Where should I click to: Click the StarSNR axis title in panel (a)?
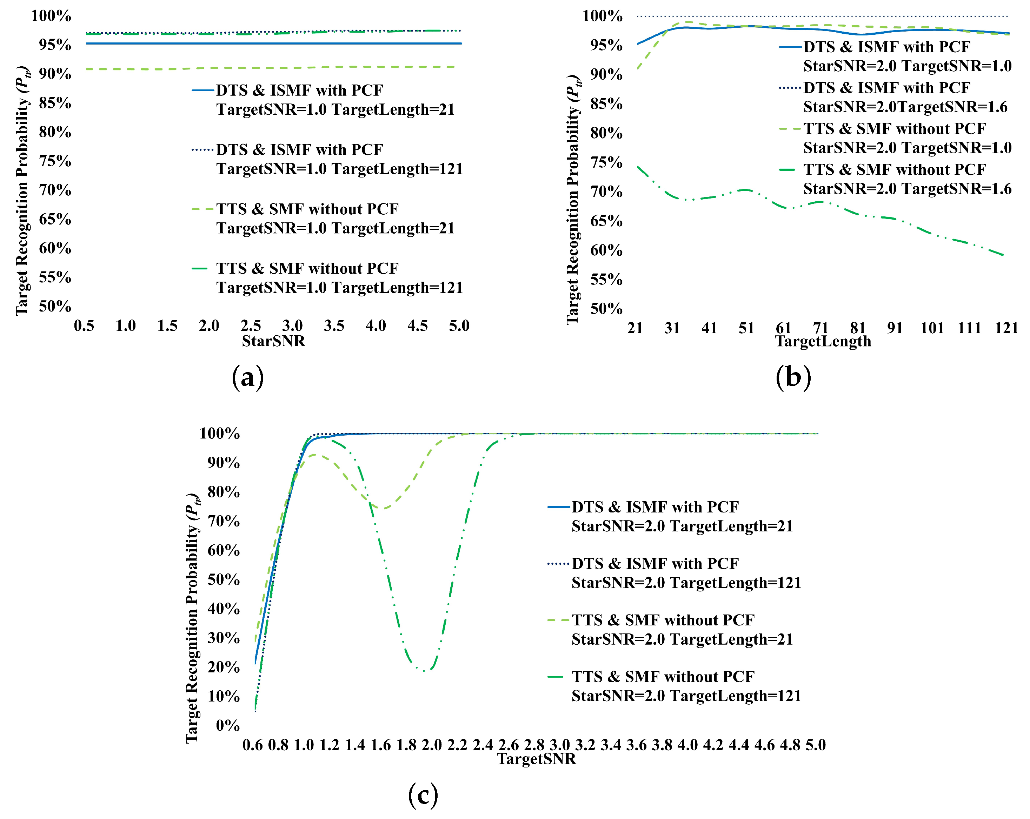pos(273,341)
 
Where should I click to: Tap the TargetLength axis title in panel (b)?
pos(823,341)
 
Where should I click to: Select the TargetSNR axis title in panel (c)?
pos(536,758)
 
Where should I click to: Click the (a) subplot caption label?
pos(247,378)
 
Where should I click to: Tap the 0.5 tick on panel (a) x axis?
pos(84,326)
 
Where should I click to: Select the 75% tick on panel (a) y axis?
pos(55,161)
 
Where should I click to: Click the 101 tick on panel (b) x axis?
pos(932,328)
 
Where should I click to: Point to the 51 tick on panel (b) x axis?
pos(746,328)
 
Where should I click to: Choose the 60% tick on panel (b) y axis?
pos(606,250)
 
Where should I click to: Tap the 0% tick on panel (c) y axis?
pos(227,725)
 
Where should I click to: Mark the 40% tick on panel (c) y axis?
pos(224,609)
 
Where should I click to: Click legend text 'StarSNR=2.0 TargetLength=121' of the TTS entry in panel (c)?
pos(686,696)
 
